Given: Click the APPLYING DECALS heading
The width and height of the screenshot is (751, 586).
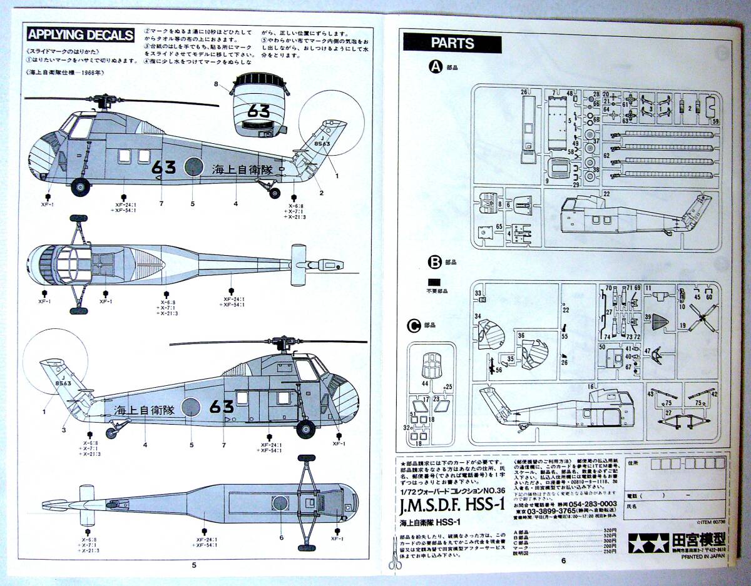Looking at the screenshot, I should tap(81, 34).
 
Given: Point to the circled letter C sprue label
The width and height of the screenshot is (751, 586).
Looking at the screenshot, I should tap(413, 325).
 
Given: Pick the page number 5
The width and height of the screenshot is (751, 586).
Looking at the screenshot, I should tap(194, 565).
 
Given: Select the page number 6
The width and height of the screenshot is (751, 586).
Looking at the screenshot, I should tap(563, 560).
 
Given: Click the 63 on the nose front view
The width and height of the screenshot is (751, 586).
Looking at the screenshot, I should tap(258, 111).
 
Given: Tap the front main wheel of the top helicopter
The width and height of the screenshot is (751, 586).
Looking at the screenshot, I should tap(79, 186).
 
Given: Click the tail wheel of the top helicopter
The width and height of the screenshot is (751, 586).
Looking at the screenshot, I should tap(275, 192).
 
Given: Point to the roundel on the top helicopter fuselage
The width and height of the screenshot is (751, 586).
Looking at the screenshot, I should tap(193, 168).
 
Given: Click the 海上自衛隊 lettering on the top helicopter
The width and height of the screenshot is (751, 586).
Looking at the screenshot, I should tap(243, 169).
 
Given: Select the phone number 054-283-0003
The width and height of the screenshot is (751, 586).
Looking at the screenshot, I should tap(591, 503).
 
